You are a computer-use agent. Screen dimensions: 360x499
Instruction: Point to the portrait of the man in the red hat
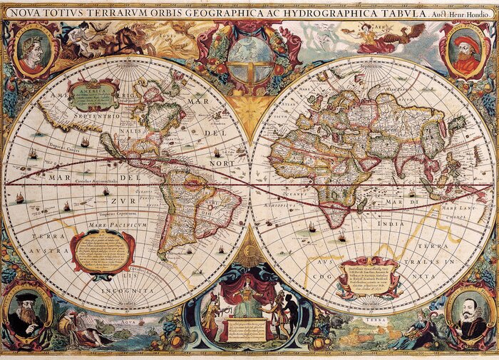(x=465, y=51)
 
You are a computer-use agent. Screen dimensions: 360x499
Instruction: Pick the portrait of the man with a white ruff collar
(x=468, y=313)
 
